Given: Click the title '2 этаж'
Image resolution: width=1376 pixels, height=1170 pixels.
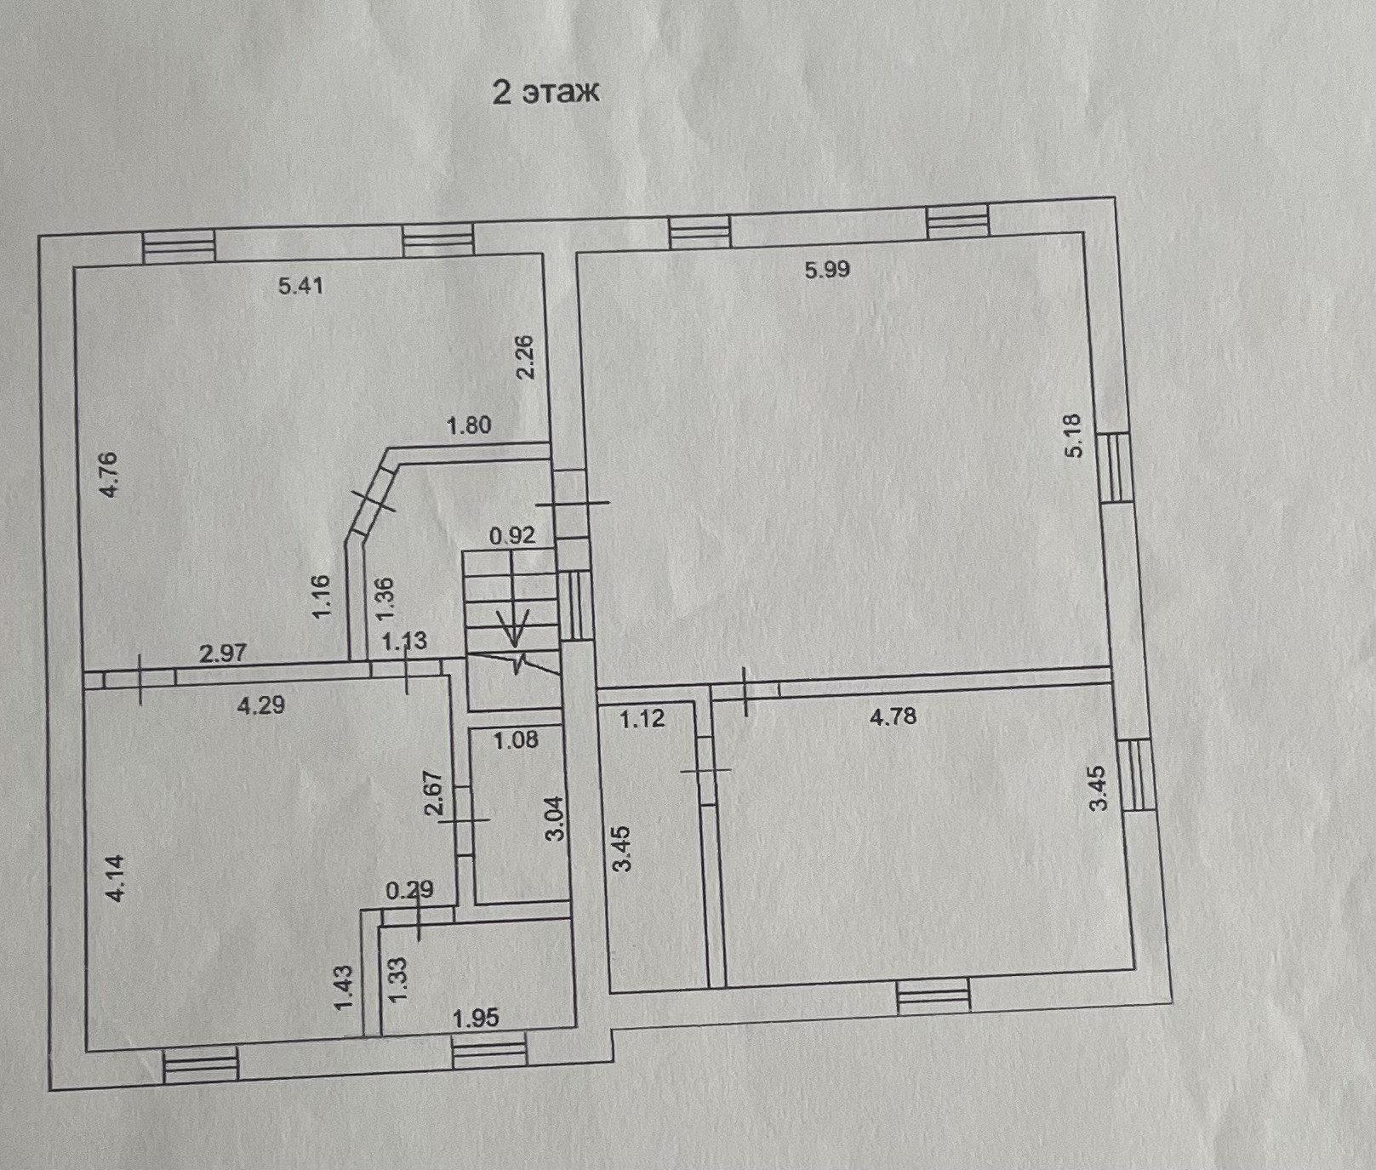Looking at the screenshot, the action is (545, 91).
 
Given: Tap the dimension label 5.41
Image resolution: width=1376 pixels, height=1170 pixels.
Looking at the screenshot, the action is (300, 286).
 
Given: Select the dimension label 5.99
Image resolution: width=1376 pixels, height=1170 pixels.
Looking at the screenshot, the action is (827, 270).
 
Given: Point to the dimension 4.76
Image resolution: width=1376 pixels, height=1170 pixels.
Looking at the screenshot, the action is (108, 475).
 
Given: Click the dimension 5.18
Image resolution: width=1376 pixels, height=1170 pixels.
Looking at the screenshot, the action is (1073, 436).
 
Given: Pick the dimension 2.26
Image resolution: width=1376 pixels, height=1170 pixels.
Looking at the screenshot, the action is (525, 357).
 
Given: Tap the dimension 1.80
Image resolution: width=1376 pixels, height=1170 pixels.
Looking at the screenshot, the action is (469, 425).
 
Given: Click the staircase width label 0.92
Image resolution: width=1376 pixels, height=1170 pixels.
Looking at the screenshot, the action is (511, 535).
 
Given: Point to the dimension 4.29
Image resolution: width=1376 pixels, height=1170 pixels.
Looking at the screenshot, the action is (260, 705).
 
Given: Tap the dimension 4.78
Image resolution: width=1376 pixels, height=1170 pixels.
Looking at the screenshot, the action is (893, 716).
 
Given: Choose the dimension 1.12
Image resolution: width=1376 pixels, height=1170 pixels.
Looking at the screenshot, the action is (642, 719).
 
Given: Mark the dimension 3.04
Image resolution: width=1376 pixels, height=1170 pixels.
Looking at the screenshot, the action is (555, 818).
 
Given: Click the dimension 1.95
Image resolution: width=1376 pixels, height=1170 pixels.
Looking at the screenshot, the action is (476, 1018).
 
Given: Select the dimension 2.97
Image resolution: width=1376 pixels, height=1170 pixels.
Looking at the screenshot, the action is (222, 653).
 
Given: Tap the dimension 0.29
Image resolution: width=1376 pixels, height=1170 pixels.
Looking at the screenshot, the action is (409, 890).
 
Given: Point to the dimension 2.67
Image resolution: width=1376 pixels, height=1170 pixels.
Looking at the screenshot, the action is (434, 793).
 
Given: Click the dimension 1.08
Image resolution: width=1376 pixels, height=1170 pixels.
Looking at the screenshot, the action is (516, 740).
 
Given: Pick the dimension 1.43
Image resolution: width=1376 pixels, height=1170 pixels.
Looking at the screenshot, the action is (343, 987).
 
